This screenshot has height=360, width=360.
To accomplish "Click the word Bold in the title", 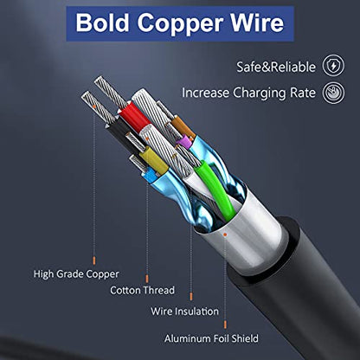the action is pos(102,22).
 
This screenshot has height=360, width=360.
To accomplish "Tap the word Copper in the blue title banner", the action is pos(180,23).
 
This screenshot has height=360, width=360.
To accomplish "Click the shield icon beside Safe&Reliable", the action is pos(333,66).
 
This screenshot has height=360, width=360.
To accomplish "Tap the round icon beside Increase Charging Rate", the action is pos(333,93).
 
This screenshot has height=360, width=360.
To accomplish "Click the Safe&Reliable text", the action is pos(276,67).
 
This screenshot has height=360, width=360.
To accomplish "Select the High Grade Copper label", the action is pos(76,274).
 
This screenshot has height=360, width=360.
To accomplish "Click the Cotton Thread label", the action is pos(142,290).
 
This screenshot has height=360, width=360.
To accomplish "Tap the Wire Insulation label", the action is pos(184,312).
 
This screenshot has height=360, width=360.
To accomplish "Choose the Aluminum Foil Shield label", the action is pos(211,338).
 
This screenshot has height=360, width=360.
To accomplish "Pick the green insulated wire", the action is pos(215,189).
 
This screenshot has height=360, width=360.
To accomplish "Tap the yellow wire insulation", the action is pos(153,161).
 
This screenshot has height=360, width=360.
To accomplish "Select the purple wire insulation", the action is pos(185,142).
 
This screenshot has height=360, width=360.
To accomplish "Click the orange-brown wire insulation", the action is pos(183,127).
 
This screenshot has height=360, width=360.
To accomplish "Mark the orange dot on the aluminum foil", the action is pos(225,235).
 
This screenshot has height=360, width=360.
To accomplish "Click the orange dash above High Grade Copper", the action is pos(94,260).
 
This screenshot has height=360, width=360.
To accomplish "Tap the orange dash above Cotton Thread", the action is pos(147,279).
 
